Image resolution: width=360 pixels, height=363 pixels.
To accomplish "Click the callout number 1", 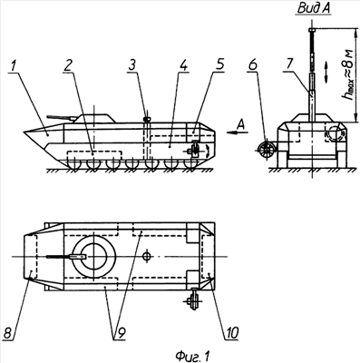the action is tap(13, 66).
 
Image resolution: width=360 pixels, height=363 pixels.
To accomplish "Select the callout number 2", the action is tap(69, 66).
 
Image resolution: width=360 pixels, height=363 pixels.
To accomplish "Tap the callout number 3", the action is tap(133, 66).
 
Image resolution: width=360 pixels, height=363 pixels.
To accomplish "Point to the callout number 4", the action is tap(183, 66).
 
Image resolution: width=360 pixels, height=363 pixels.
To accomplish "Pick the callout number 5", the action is tap(219, 65).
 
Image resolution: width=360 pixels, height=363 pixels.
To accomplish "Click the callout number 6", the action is tap(253, 65).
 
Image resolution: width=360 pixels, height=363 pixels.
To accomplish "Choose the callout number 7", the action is tap(290, 65).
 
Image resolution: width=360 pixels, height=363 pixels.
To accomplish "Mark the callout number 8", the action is tap(9, 333).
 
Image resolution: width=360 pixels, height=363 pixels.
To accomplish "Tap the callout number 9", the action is tap(121, 333).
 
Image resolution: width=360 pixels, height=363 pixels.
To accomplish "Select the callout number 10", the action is tap(230, 333).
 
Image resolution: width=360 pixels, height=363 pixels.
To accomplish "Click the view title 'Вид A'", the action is tap(314, 8).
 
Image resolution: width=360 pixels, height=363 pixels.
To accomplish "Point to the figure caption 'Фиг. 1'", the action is tap(193, 356).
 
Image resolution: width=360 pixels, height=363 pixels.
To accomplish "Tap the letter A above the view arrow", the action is tap(241, 124).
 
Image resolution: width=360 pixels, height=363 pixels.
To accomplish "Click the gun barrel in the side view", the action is tap(61, 117).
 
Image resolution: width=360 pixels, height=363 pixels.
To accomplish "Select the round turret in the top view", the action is tap(93, 257).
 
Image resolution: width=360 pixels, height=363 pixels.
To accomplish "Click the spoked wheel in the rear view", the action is tap(266, 150).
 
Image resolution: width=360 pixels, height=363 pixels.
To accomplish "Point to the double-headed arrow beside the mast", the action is tap(326, 72).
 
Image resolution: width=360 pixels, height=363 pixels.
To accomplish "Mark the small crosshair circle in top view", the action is tap(147, 257).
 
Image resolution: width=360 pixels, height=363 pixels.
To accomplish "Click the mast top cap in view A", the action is tap(312, 30).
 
